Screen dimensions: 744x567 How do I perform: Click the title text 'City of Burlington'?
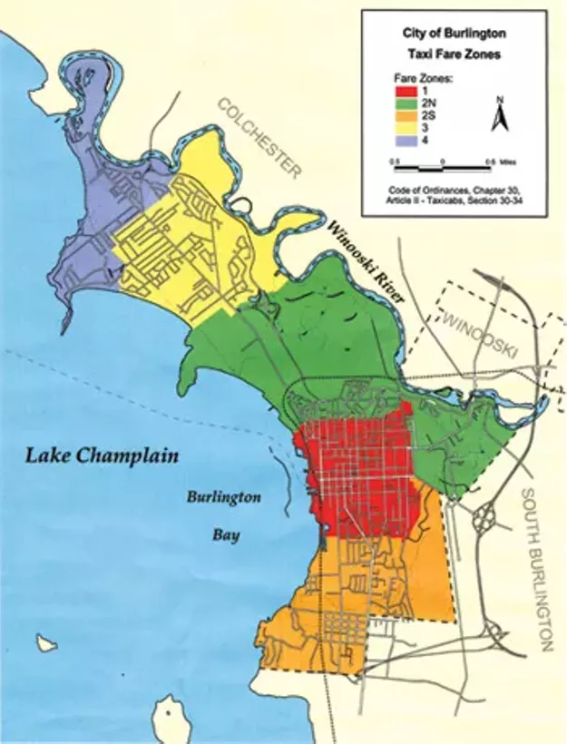pyautogui.click(x=454, y=32)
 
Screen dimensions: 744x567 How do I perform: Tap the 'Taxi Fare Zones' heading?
pyautogui.click(x=454, y=54)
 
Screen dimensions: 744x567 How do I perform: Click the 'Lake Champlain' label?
pyautogui.click(x=102, y=455)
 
